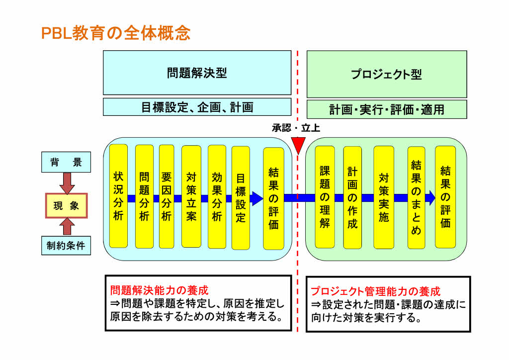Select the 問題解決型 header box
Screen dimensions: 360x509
click(197, 73)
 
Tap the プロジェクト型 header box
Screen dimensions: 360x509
click(386, 74)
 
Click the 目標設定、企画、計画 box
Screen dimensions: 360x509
click(197, 107)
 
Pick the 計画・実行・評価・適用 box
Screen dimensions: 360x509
click(386, 109)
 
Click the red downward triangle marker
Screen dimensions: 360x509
click(298, 146)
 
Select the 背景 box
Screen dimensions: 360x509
click(66, 163)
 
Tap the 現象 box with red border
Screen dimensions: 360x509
click(66, 206)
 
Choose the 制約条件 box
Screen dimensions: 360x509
click(66, 246)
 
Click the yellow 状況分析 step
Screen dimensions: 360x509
click(118, 196)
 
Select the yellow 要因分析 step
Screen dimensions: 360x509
click(167, 196)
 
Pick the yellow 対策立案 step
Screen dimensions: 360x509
click(191, 196)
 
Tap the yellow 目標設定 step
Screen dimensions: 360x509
click(241, 197)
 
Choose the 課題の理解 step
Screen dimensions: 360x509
click(325, 197)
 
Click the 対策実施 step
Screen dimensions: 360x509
click(383, 197)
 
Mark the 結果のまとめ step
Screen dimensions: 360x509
click(416, 197)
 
